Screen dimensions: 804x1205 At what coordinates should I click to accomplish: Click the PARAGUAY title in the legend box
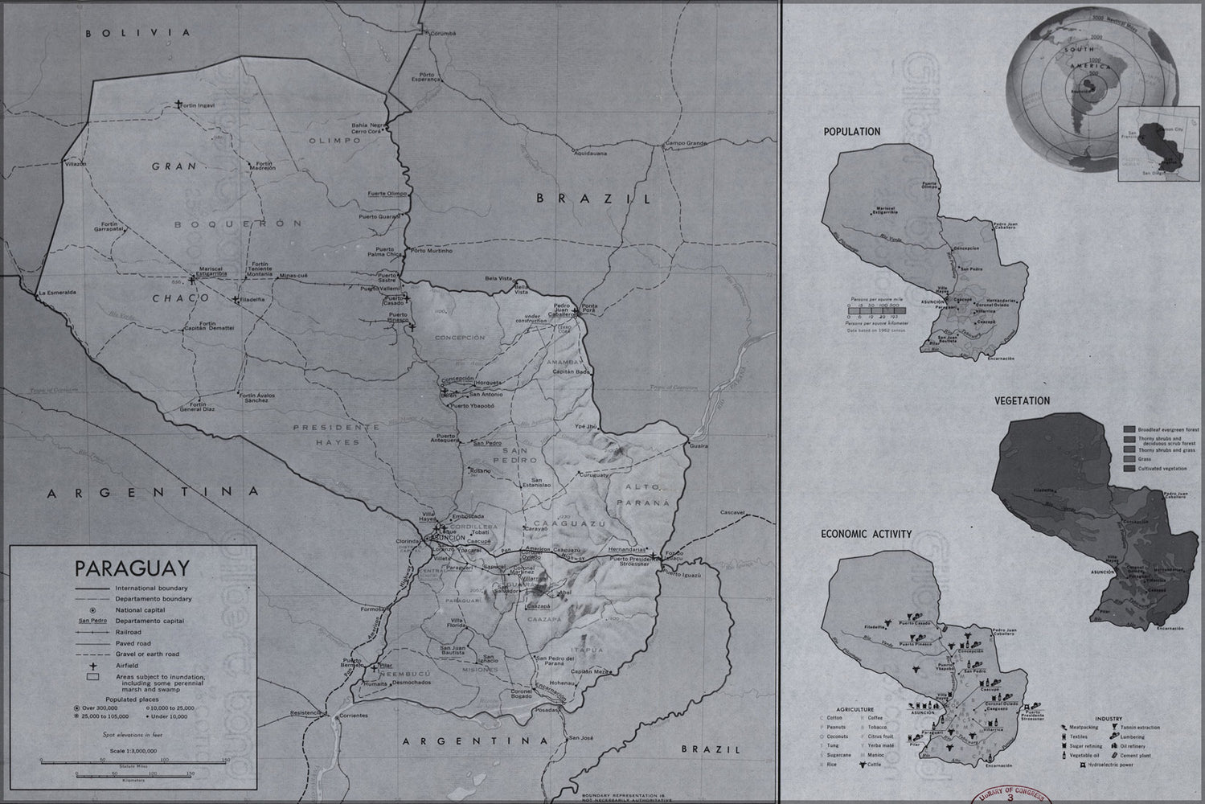133,568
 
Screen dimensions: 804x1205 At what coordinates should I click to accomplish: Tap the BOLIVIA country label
141,33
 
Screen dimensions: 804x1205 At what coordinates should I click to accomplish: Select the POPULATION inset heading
851,132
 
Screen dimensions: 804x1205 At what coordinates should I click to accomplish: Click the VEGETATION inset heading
1022,400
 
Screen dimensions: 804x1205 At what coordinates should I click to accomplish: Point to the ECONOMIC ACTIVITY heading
866,534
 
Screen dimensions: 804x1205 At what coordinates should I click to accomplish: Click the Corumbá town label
441,34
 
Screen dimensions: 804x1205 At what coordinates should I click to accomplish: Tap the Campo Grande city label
684,144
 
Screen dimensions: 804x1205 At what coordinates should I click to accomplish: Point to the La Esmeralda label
57,293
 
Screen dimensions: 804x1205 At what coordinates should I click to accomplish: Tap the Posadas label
547,710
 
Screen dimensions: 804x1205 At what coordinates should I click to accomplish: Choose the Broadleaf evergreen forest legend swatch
1129,430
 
